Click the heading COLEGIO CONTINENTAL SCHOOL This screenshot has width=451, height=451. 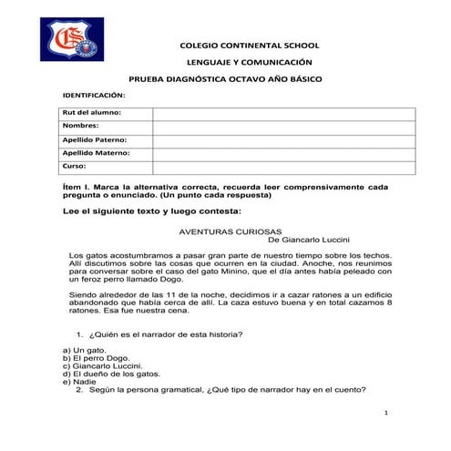tap(249, 45)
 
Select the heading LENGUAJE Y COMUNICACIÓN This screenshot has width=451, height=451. tap(249, 62)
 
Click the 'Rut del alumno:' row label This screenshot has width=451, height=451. tap(92, 113)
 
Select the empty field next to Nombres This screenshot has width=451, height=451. tap(283, 127)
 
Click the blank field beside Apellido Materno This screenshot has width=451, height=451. tap(283, 154)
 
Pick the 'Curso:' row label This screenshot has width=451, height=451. tap(75, 168)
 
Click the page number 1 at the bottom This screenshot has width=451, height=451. tap(387, 414)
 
